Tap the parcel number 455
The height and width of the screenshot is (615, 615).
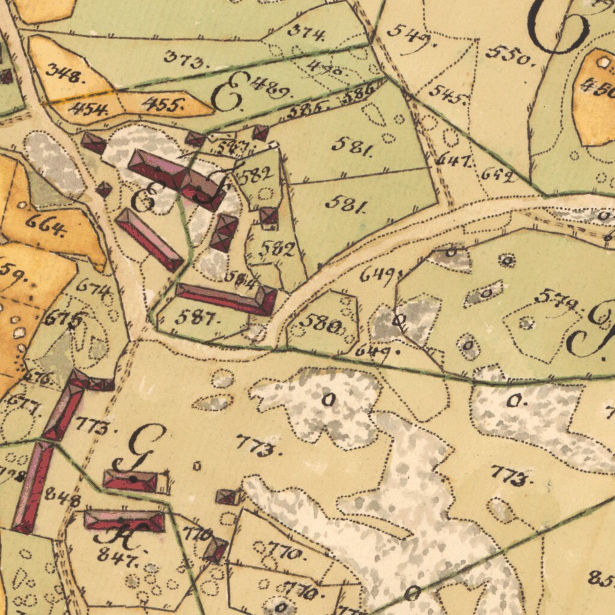(163, 105)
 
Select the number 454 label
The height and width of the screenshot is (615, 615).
(88, 109)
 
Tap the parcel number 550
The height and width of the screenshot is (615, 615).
(510, 55)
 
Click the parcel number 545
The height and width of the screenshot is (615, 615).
(449, 94)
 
